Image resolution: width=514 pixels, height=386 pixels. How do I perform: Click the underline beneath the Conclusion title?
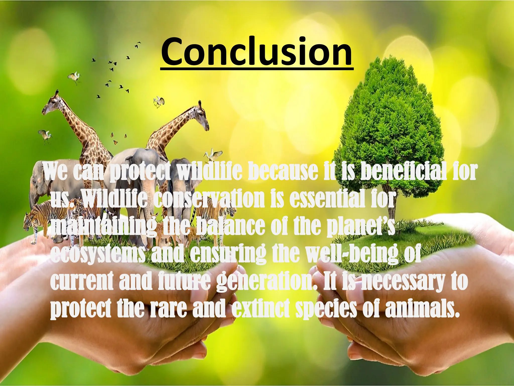tap(256, 68)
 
